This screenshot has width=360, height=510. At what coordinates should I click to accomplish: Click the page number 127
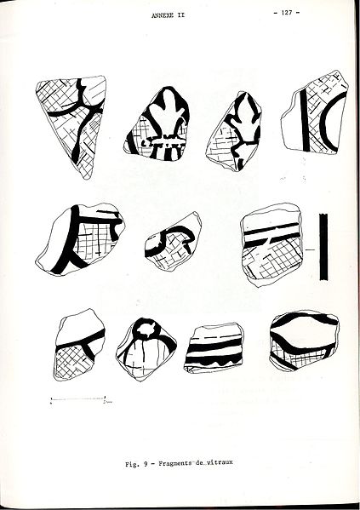pyautogui.click(x=287, y=13)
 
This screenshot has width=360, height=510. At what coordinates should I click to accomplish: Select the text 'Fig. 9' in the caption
pyautogui.click(x=137, y=464)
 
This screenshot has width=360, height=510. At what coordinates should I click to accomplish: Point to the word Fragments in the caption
pyautogui.click(x=174, y=463)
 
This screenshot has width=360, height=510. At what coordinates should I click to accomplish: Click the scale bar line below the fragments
pyautogui.click(x=77, y=398)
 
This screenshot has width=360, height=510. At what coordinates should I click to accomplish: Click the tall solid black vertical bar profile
pyautogui.click(x=323, y=247)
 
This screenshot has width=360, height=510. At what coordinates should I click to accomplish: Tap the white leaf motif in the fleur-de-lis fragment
pyautogui.click(x=169, y=113)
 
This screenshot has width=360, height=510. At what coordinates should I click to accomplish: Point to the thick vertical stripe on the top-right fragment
pyautogui.click(x=305, y=121)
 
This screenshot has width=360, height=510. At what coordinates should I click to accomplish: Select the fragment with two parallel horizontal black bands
pyautogui.click(x=271, y=244)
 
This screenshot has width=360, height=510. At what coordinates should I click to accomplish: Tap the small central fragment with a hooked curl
pyautogui.click(x=172, y=241)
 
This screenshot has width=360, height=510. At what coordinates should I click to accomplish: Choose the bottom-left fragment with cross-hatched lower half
pyautogui.click(x=79, y=345)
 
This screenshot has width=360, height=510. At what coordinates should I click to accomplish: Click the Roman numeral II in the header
pyautogui.click(x=180, y=15)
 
